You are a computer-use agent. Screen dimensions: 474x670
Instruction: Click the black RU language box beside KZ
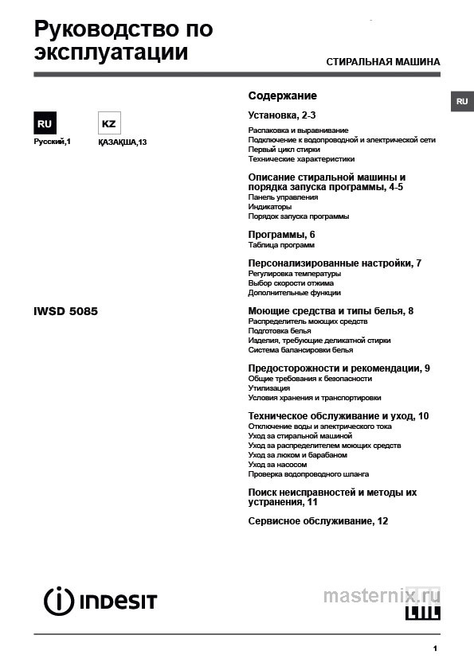[45, 124]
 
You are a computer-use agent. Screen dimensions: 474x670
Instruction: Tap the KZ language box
[108, 124]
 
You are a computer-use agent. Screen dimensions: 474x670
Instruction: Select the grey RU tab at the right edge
[462, 102]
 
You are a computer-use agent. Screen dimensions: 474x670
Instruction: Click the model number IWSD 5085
[65, 311]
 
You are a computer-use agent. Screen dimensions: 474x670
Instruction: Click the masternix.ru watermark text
[381, 594]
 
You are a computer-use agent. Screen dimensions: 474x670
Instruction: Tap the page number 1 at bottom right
[435, 649]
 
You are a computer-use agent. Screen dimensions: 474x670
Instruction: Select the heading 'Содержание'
[282, 95]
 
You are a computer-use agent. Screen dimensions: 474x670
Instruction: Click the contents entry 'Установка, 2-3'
[282, 115]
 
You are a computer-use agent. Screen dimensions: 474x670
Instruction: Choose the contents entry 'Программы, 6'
[282, 234]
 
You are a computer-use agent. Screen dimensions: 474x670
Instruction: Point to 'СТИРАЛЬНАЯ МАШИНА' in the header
[383, 62]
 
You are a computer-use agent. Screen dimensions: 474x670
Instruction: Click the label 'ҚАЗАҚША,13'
[122, 142]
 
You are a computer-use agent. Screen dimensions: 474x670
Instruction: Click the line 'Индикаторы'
[270, 207]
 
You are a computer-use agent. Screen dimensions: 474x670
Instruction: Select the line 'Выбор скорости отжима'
[291, 283]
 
